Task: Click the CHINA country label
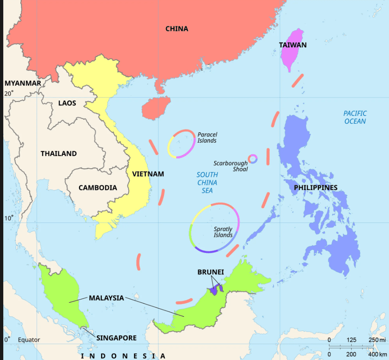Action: point(177,29)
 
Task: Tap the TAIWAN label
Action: point(293,45)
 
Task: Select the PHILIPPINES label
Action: point(315,188)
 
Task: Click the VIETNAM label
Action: point(148,174)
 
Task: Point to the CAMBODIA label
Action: point(98,188)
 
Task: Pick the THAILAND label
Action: point(59,154)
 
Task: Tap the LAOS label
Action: point(67,103)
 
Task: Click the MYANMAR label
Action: point(23,83)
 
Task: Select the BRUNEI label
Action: point(211,272)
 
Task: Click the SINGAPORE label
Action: point(116,338)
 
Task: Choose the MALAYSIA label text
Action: point(106,298)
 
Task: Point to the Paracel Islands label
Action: point(207,137)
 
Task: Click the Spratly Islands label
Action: point(223,232)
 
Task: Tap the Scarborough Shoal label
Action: point(230,166)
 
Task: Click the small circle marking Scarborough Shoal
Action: point(252,159)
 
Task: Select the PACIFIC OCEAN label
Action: point(355,118)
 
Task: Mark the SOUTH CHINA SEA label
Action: point(207,183)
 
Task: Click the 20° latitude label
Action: point(9,93)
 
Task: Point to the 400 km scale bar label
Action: point(377,354)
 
